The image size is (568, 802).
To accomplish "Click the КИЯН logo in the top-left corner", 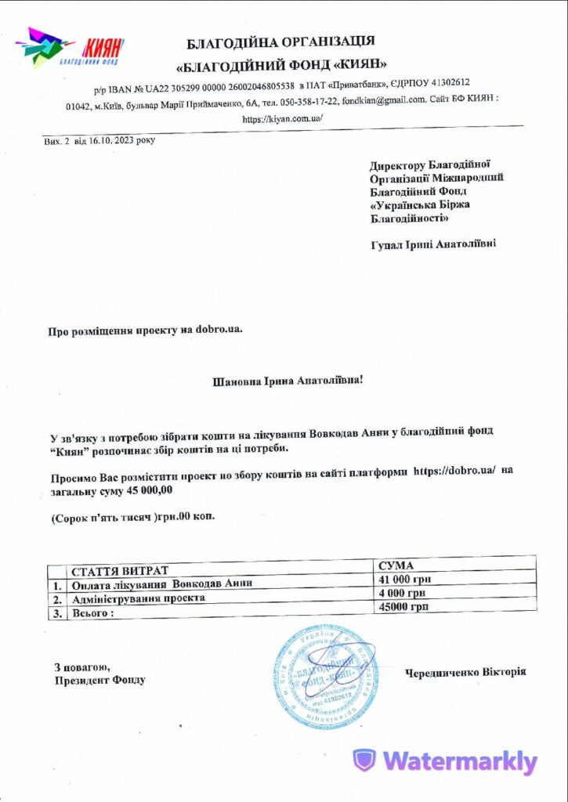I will tap(70, 49).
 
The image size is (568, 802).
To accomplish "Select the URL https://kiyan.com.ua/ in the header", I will tap(283, 118).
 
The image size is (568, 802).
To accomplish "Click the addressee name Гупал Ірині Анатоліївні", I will tap(432, 244).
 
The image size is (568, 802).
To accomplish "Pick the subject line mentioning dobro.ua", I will tap(146, 330).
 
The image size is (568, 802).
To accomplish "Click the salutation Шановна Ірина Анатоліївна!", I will tap(288, 381).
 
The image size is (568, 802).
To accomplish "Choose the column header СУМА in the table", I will tap(396, 565).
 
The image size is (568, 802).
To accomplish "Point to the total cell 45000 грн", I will tap(403, 607).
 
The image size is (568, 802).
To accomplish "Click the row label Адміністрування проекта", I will tap(139, 598).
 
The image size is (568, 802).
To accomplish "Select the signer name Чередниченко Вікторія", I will tap(465, 672).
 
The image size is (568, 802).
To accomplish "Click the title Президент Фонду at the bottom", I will tap(99, 680).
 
